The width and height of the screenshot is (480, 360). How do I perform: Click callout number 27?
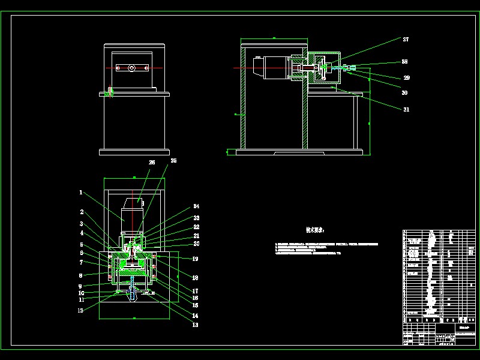406,39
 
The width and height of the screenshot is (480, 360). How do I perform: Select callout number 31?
406,109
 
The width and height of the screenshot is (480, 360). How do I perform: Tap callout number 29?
406,77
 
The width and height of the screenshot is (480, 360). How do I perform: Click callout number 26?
152,162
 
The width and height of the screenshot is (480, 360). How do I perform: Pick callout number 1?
80,193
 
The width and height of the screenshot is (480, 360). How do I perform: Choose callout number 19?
195,259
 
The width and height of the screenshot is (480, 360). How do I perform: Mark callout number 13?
195,325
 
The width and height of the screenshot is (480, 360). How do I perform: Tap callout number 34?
196,208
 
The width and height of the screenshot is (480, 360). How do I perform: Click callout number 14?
195,316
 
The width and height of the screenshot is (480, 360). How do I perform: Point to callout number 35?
173,161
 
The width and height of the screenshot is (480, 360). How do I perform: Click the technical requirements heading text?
315,230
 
